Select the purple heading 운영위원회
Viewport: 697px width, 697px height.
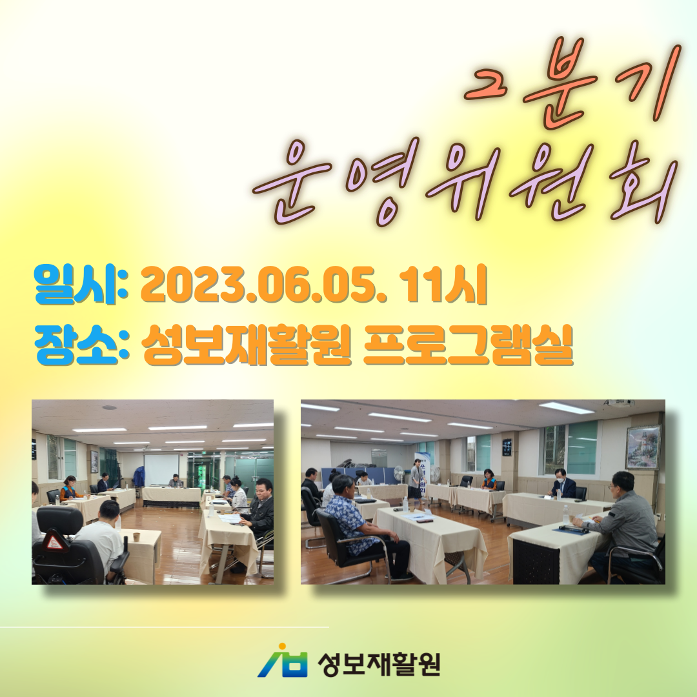pyautogui.click(x=465, y=181)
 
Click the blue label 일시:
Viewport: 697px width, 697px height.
pyautogui.click(x=81, y=285)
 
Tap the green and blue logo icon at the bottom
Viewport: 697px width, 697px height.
pyautogui.click(x=283, y=661)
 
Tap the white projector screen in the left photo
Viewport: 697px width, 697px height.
pyautogui.click(x=162, y=469)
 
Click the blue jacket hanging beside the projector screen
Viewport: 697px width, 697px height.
pyautogui.click(x=139, y=476)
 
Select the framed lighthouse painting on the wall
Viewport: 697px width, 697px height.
pyautogui.click(x=643, y=447)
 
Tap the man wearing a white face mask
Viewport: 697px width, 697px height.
pyautogui.click(x=562, y=483)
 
